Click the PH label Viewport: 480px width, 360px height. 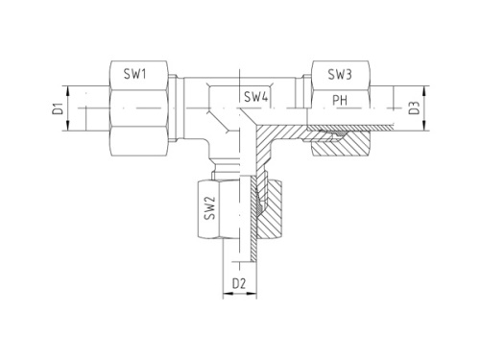point(340,99)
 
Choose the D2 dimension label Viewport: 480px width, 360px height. point(241,284)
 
